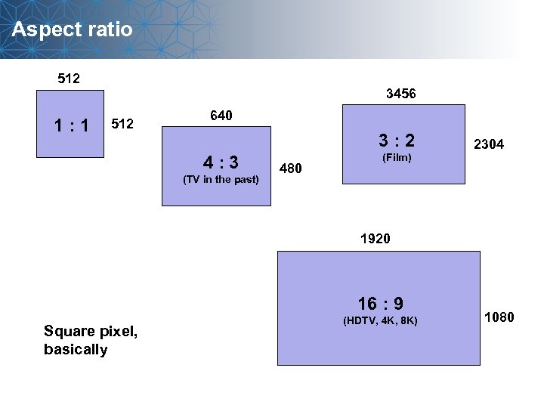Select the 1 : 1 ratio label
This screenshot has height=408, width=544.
[70, 125]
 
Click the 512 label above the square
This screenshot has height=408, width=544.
[70, 78]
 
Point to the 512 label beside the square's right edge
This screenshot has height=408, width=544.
[122, 122]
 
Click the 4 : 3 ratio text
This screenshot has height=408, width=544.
[221, 162]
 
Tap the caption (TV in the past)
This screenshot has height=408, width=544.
[221, 180]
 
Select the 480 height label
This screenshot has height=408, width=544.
[291, 168]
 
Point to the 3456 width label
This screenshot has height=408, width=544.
[400, 94]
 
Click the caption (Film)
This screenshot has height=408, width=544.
[397, 157]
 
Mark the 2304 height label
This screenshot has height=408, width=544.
[489, 144]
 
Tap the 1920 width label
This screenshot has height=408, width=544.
[376, 239]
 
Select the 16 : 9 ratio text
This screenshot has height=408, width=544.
[380, 304]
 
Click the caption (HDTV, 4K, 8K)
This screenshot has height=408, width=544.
[380, 321]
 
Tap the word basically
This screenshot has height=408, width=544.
[76, 349]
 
